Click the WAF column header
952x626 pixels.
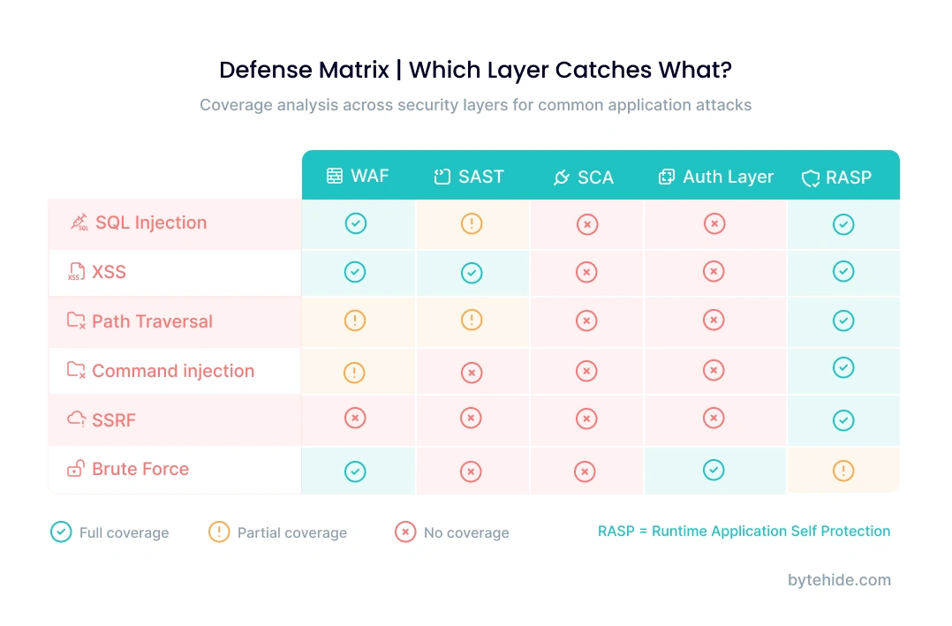(x=358, y=176)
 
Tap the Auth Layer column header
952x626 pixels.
(x=715, y=177)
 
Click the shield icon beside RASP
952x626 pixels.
(x=811, y=177)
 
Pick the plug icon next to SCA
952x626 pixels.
(x=561, y=177)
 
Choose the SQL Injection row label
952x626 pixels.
(x=150, y=222)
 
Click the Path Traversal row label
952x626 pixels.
(x=152, y=321)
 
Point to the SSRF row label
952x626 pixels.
(x=113, y=420)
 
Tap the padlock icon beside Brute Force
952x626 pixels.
(x=77, y=469)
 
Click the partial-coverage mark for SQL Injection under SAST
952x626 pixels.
(x=472, y=223)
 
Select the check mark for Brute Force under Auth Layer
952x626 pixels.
(x=714, y=471)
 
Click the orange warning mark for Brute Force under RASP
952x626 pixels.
(x=843, y=471)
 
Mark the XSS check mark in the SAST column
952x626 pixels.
(x=472, y=273)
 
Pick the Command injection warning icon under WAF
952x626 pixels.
(x=354, y=373)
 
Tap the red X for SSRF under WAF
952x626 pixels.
(x=354, y=419)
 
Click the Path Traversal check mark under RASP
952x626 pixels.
(x=843, y=321)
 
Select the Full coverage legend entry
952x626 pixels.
(x=110, y=532)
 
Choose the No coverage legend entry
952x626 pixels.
(x=452, y=532)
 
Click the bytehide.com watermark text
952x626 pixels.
(x=838, y=580)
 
